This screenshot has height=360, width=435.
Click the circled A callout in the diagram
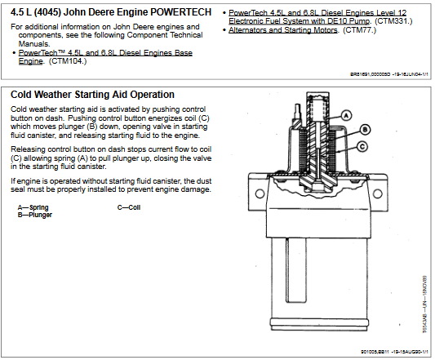coord(346,116)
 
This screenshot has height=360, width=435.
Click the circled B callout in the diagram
coord(365,129)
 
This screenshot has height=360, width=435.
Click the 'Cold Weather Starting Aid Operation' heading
coord(92,95)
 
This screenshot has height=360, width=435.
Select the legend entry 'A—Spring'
coord(33,207)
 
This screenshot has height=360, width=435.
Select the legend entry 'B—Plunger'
coord(35,214)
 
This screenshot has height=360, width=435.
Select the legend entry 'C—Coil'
coord(129,207)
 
